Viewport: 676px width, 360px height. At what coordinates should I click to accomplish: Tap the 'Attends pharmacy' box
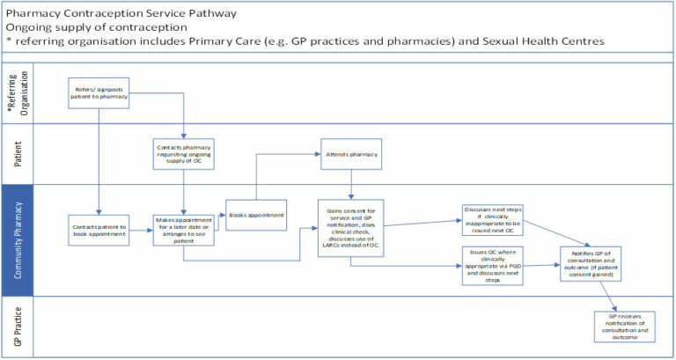click(x=352, y=154)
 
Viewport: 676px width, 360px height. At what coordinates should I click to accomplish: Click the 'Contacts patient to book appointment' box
click(x=99, y=230)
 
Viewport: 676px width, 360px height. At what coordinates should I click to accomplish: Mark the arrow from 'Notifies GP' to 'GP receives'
click(x=606, y=295)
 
